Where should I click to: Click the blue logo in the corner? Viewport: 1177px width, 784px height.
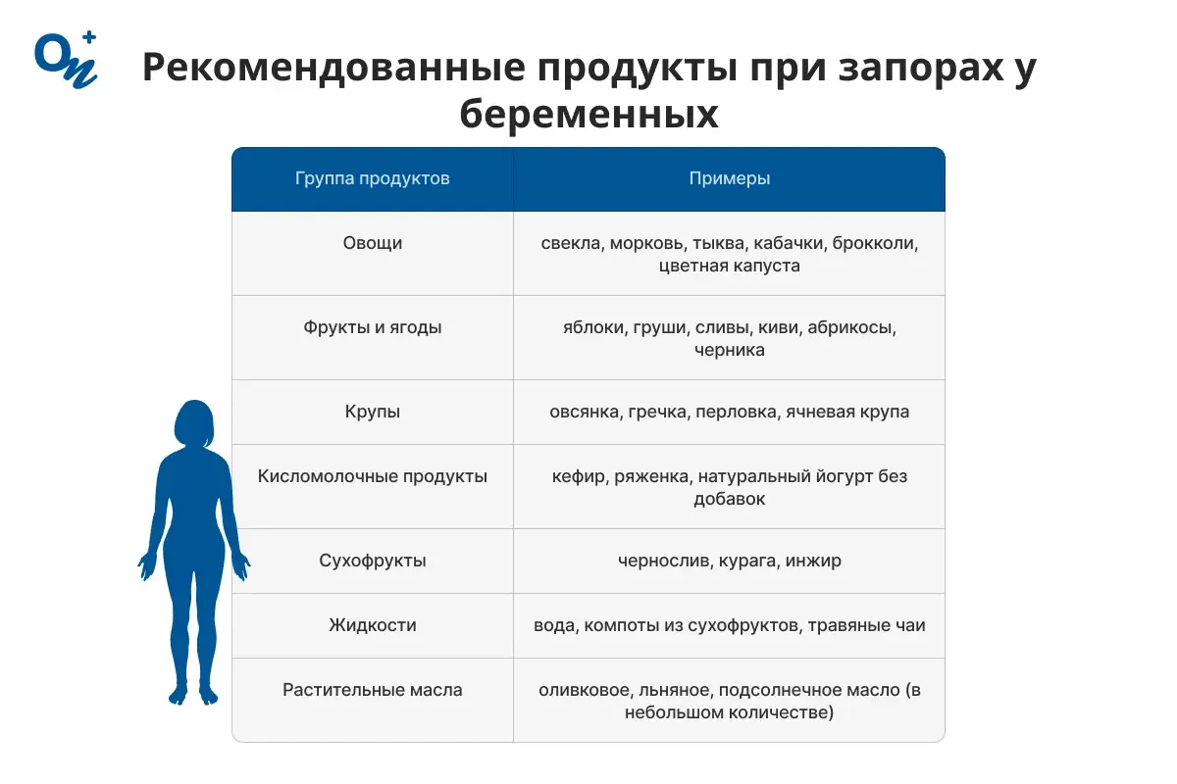(x=65, y=60)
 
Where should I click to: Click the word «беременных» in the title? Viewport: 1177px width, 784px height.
(x=588, y=116)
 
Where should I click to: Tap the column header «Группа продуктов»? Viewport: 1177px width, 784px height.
(x=373, y=178)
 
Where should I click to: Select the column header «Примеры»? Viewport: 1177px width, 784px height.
(x=729, y=178)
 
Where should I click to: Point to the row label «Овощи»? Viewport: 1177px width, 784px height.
(x=373, y=243)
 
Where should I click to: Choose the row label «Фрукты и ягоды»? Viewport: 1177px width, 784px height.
(x=373, y=327)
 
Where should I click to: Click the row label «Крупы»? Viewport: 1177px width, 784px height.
(x=373, y=412)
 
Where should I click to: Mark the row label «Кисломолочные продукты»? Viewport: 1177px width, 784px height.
(x=373, y=476)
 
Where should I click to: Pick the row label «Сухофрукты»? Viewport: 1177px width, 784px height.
(x=373, y=562)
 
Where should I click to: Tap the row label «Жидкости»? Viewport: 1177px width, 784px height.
(x=373, y=625)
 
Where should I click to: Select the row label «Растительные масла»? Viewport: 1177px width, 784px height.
(x=373, y=690)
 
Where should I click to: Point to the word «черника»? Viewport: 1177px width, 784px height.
(x=729, y=350)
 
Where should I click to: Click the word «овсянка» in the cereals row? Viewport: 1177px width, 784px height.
(x=583, y=412)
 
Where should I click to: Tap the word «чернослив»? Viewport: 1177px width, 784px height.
(x=660, y=562)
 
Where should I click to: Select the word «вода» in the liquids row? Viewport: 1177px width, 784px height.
(x=553, y=625)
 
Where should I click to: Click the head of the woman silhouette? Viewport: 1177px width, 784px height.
(x=193, y=423)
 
